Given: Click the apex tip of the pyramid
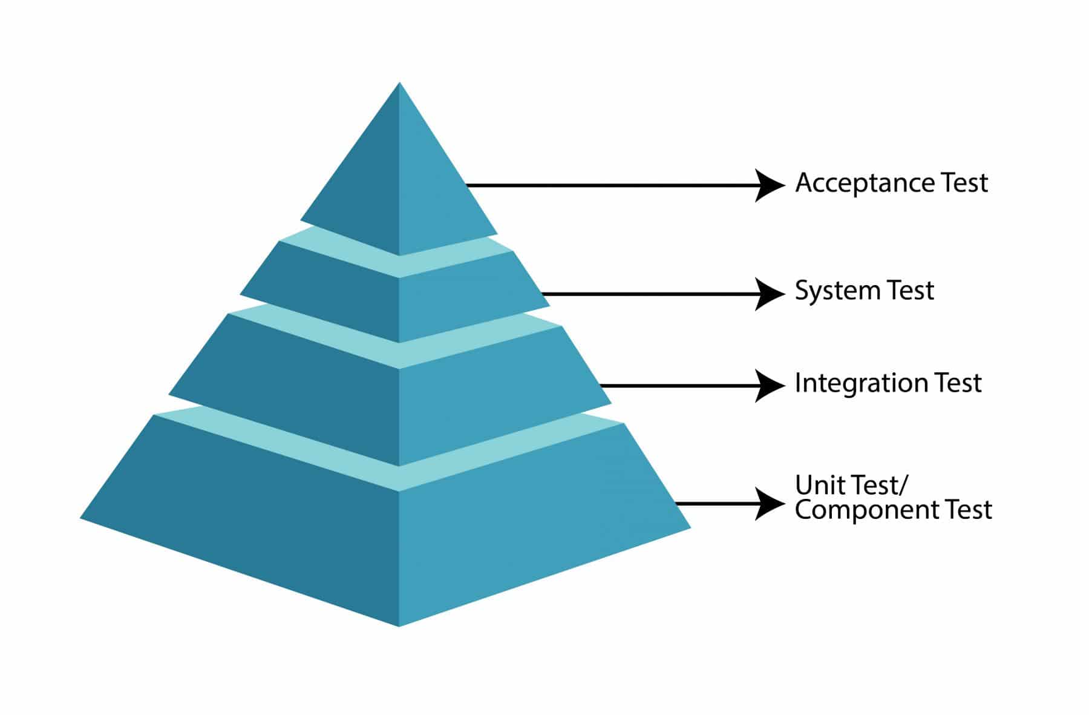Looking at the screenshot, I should tap(399, 84).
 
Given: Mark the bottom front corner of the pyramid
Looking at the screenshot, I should tap(399, 625).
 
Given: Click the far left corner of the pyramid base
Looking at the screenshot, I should tap(81, 518).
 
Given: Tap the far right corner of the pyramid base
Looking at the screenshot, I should tap(690, 528).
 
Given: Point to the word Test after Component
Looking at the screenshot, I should tap(969, 510).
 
